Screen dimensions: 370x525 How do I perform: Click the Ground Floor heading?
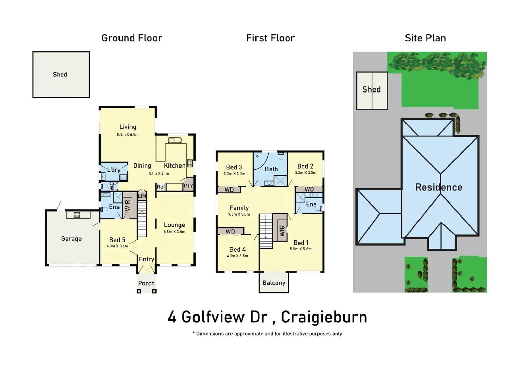pyautogui.click(x=132, y=38)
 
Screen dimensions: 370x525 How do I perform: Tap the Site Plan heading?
pyautogui.click(x=425, y=38)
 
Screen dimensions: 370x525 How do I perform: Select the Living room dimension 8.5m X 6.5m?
pyautogui.click(x=127, y=135)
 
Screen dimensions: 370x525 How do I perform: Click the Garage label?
pyautogui.click(x=71, y=239)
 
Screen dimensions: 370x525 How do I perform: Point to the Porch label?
pyautogui.click(x=146, y=283)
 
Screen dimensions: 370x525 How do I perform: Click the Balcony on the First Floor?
pyautogui.click(x=274, y=283)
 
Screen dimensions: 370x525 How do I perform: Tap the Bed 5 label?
pyautogui.click(x=117, y=240)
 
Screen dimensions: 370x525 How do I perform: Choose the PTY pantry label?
pyautogui.click(x=188, y=186)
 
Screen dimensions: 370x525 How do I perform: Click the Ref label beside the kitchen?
pyautogui.click(x=161, y=187)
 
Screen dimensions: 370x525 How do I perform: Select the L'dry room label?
pyautogui.click(x=113, y=170)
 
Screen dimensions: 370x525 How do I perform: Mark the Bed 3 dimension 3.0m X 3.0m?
pyautogui.click(x=234, y=174)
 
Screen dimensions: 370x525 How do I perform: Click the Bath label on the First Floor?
pyautogui.click(x=271, y=169)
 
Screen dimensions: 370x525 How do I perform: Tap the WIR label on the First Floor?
pyautogui.click(x=282, y=231)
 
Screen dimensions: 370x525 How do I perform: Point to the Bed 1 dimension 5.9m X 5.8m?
pyautogui.click(x=301, y=249)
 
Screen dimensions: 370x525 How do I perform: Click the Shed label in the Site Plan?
pyautogui.click(x=372, y=89)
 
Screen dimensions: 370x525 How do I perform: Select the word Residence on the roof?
pyautogui.click(x=438, y=187)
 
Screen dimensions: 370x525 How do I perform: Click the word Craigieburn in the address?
pyautogui.click(x=324, y=317)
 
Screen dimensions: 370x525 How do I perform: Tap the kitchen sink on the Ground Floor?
pyautogui.click(x=175, y=140)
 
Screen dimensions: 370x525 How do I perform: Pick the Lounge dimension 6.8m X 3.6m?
pyautogui.click(x=174, y=232)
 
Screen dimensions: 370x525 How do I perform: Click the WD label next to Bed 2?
pyautogui.click(x=309, y=189)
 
